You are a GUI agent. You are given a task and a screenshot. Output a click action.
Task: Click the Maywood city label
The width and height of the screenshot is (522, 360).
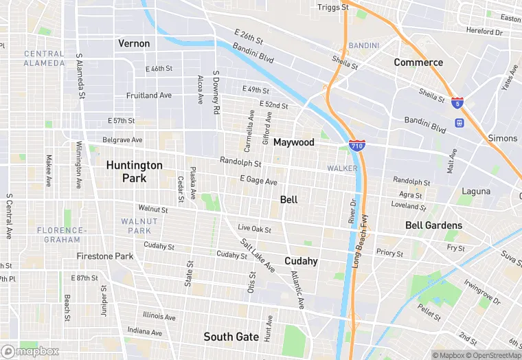coord(293,142)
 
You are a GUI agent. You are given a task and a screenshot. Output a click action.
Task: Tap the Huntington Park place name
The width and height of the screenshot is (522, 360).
coord(134,172)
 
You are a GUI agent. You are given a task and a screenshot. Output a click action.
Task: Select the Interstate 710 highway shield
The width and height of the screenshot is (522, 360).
coord(356,146)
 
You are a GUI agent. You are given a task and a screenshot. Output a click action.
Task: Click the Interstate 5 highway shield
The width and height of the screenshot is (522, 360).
coord(457,102)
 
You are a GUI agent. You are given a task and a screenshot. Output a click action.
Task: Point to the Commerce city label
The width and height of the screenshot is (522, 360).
coord(418,63)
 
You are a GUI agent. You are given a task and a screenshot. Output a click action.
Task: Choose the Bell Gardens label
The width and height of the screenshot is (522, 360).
coord(433,225)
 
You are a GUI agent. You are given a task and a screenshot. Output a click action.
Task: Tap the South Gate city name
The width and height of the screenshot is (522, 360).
coord(231,337)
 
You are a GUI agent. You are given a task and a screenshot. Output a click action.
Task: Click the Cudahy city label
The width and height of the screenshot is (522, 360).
coord(301,261)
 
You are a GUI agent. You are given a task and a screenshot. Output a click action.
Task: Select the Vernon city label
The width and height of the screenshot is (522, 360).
coord(134,43)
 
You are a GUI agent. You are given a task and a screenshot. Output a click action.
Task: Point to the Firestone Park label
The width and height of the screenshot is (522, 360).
coord(104,256)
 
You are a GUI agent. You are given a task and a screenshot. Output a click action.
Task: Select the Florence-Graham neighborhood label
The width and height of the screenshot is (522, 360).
coord(62,235)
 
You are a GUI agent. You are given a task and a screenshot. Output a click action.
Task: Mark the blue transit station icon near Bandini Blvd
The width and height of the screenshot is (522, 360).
coord(459,123)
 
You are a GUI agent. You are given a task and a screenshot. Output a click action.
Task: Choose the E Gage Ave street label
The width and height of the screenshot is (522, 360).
coord(258,181)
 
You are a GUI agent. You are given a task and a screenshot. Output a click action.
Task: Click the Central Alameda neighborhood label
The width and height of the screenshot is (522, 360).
coord(45,58)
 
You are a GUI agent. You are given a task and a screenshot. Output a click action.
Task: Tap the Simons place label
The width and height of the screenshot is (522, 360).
coord(502,138)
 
